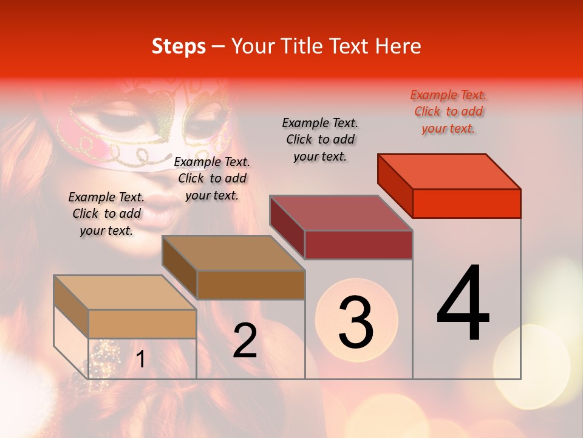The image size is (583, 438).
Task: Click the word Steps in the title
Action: click(x=178, y=46)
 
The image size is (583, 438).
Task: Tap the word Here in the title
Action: click(x=398, y=46)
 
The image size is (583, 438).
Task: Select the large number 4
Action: click(x=463, y=304)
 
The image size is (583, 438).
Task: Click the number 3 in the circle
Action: click(x=356, y=323)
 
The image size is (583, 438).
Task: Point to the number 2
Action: click(x=245, y=341)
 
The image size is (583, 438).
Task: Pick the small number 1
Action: click(x=141, y=360)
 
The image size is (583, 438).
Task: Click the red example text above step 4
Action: click(x=448, y=112)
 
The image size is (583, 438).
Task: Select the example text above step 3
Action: click(x=320, y=140)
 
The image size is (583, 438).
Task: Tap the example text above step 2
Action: click(x=212, y=178)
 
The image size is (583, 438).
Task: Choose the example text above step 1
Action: click(x=106, y=214)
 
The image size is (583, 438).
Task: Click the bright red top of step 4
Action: click(x=449, y=171)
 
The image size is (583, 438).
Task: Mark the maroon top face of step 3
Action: click(x=341, y=213)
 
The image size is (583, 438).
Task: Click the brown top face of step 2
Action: click(x=234, y=253)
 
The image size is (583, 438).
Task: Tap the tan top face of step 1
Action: click(x=125, y=293)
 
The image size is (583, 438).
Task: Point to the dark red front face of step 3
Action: click(x=358, y=245)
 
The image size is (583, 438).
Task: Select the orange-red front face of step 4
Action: click(x=466, y=203)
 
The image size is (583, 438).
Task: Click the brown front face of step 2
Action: click(x=251, y=285)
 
